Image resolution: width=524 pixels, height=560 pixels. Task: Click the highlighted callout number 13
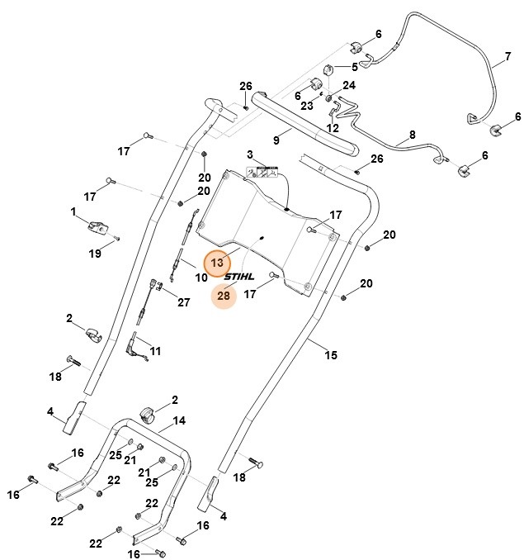pos(218,263)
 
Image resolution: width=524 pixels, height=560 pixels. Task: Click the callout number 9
pos(276,140)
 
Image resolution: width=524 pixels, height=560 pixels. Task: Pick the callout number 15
pos(331,356)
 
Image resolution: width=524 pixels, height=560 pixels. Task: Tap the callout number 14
pos(179,420)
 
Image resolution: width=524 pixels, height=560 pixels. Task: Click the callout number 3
pos(249,154)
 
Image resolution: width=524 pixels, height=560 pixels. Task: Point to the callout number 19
pos(96,254)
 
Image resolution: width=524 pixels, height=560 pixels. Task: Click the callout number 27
pos(183,302)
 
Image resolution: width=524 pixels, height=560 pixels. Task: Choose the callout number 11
pos(155,351)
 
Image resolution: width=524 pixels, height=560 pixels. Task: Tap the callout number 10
pos(201,278)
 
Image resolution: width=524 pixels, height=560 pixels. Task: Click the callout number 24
pos(349,85)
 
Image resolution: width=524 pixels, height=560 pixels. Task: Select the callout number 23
pos(306,106)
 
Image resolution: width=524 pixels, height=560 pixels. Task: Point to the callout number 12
pos(333,128)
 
